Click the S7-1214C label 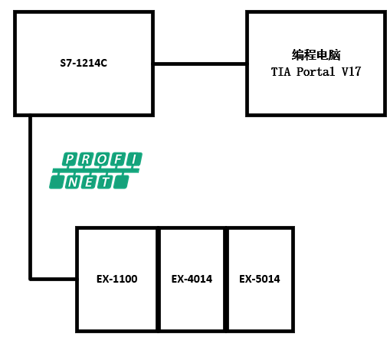pos(84,63)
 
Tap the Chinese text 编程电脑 pos(316,55)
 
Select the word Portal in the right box pos(316,72)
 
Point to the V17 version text pos(351,72)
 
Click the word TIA pos(280,72)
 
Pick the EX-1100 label pos(117,279)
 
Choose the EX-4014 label pos(192,279)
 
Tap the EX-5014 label pos(260,279)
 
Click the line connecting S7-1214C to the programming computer pos(200,64)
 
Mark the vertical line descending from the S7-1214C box pos(31,198)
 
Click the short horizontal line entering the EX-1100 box pos(53,279)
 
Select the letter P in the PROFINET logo pos(70,159)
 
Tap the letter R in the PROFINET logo pos(86,159)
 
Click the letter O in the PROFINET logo pos(102,159)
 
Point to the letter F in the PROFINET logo pos(118,159)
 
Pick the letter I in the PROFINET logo pos(134,159)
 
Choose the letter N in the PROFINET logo pos(73,182)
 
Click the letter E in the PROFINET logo pos(89,182)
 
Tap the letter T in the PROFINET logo pos(105,182)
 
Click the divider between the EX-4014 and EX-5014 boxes pos(226,280)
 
